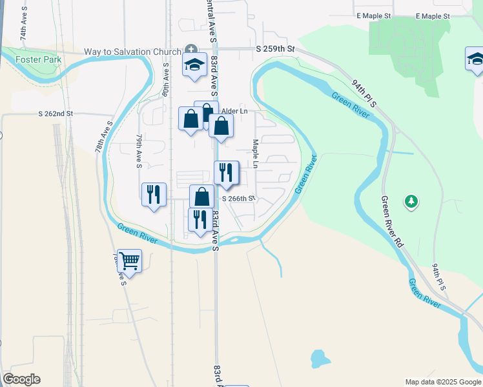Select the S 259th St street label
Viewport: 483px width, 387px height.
tap(274, 48)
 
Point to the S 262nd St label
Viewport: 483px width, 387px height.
tap(56, 114)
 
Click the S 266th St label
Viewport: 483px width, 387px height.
tap(239, 199)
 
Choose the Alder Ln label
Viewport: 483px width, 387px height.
tap(235, 111)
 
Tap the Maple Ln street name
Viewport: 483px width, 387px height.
tap(256, 154)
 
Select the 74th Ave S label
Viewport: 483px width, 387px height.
tap(25, 26)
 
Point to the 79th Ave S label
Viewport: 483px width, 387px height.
tap(139, 152)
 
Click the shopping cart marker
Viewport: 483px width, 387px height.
tap(130, 261)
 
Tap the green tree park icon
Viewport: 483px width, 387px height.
tap(411, 202)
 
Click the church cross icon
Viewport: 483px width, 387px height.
tap(191, 50)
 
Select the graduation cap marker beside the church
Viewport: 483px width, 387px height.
tap(194, 64)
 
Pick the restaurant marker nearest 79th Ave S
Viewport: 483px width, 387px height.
tap(154, 193)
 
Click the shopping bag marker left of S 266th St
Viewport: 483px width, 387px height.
tap(201, 195)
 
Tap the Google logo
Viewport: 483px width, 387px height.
tap(21, 379)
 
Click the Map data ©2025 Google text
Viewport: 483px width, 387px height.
tap(442, 382)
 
